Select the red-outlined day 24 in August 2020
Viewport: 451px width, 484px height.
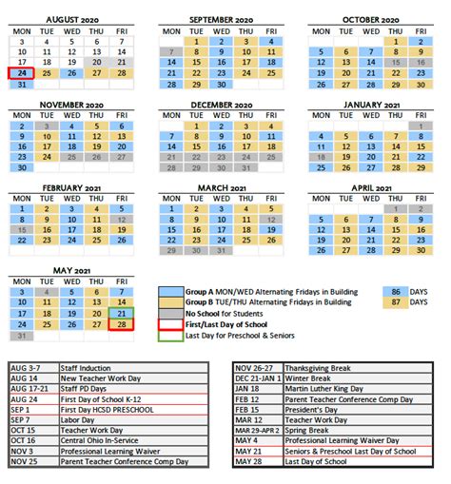coord(22,73)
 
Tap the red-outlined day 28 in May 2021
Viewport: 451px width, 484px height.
coord(122,325)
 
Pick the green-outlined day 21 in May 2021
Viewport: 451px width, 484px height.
coord(122,313)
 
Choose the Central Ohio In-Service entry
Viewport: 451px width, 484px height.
coord(102,440)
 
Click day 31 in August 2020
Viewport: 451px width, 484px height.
coord(22,85)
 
